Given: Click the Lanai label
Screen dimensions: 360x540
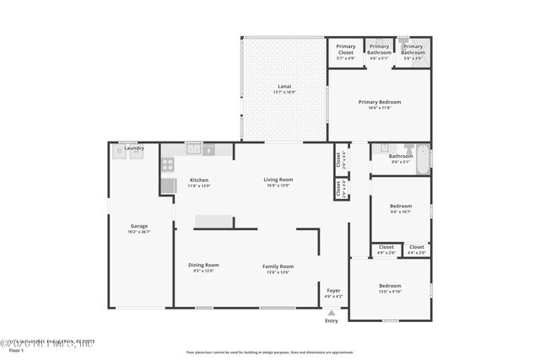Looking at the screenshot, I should (284, 86).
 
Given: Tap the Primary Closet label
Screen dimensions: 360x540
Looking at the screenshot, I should (346, 47).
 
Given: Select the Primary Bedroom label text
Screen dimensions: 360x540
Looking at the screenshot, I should (379, 102).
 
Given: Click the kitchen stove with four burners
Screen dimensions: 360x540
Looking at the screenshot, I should (168, 165).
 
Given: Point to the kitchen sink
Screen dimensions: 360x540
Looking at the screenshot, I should (194, 150).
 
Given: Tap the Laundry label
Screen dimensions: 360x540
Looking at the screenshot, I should (134, 148).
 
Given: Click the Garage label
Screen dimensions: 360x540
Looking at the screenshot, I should (139, 225).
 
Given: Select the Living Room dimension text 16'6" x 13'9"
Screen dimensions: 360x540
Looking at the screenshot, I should (278, 185).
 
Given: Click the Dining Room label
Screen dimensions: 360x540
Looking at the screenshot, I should (203, 265).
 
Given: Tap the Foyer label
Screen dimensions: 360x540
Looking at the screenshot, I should (334, 290).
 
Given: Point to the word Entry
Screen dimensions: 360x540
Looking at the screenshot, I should (331, 320).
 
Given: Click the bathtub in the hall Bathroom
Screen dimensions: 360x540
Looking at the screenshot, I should (424, 157).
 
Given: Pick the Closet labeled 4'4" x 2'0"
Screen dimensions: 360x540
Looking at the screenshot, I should (417, 247).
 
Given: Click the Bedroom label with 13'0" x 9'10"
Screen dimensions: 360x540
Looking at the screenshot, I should (390, 286).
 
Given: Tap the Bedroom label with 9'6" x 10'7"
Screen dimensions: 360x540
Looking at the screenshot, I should (401, 206).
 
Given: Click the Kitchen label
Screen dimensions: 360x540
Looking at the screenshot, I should (199, 180).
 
